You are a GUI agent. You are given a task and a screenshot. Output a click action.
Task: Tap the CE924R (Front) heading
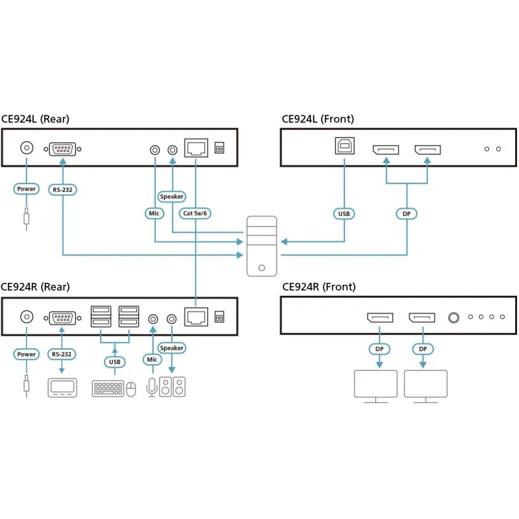click(x=319, y=287)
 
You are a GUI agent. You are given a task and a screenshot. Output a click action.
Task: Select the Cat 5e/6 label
click(x=195, y=213)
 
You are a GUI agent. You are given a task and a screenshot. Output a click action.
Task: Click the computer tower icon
click(x=261, y=246)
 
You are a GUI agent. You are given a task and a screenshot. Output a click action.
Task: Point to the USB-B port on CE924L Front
click(x=344, y=146)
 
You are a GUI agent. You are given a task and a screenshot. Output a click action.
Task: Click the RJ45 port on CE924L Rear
click(x=195, y=148)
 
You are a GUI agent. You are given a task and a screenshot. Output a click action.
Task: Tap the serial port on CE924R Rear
click(x=62, y=318)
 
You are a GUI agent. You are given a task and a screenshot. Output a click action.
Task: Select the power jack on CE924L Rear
click(x=27, y=148)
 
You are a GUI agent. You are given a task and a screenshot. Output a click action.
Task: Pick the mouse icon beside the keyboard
click(x=131, y=389)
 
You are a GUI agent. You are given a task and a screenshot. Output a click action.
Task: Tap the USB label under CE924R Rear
click(x=114, y=361)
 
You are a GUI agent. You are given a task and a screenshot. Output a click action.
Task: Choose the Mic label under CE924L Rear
click(x=155, y=212)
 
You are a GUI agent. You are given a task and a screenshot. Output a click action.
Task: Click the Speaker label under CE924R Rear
click(x=172, y=348)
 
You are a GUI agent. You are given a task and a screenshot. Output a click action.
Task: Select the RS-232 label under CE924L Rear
click(x=62, y=189)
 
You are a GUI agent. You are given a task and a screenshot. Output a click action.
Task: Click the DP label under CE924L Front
click(x=407, y=213)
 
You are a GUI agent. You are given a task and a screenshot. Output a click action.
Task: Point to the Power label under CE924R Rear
click(x=27, y=354)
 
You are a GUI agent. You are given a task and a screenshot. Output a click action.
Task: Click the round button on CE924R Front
click(x=455, y=318)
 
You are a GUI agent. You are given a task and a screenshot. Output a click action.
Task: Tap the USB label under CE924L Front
click(x=344, y=213)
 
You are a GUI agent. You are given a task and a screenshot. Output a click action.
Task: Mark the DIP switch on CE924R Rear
click(x=219, y=317)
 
